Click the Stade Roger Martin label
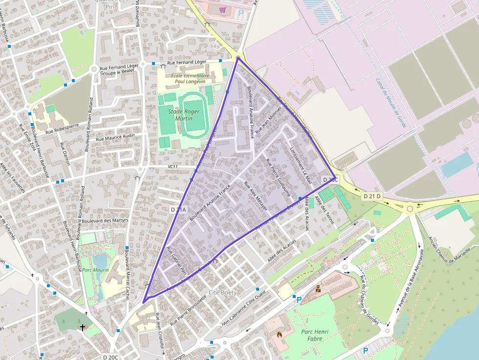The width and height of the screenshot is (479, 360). [x=180, y=115]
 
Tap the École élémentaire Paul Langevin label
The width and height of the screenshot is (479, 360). [x=190, y=79]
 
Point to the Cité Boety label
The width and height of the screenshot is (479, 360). [x=222, y=293]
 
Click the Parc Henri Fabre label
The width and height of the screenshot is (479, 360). [x=314, y=336]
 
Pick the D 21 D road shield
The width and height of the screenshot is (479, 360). [x=371, y=196]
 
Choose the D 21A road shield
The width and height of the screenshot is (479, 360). [x=178, y=210]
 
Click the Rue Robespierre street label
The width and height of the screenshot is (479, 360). [x=62, y=129]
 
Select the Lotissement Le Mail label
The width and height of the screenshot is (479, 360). [x=301, y=165]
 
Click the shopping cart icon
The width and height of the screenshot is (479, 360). [x=222, y=10]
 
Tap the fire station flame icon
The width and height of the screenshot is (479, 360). [x=280, y=335]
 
